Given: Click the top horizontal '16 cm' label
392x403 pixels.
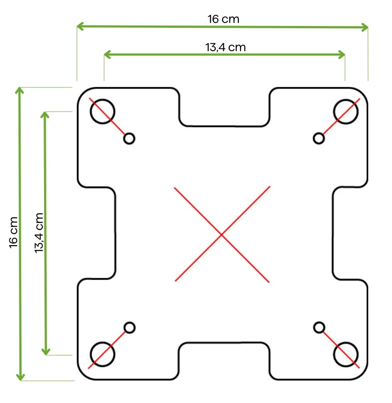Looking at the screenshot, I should coord(223,19).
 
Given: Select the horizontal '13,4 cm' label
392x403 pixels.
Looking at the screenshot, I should coord(225,47).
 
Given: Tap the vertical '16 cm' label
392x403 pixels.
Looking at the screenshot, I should coord(14,232).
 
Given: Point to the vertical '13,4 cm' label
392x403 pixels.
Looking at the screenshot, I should coord(40,232).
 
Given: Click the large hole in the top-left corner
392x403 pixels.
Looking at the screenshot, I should coord(102,111).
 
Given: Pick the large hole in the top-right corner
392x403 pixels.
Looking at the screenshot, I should coord(346,111).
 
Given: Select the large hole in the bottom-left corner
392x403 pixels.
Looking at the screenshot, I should coord(102,354).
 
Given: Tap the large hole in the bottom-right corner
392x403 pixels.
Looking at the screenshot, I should coord(346,354).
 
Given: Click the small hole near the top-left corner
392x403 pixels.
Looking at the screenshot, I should coord(129,138).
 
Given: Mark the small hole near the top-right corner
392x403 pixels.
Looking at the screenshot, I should coord(319,138).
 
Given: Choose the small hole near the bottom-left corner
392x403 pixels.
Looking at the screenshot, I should coord(129,328).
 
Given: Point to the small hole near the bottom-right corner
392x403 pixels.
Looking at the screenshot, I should coord(319,327).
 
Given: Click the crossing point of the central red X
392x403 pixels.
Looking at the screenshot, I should coord(222,234).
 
